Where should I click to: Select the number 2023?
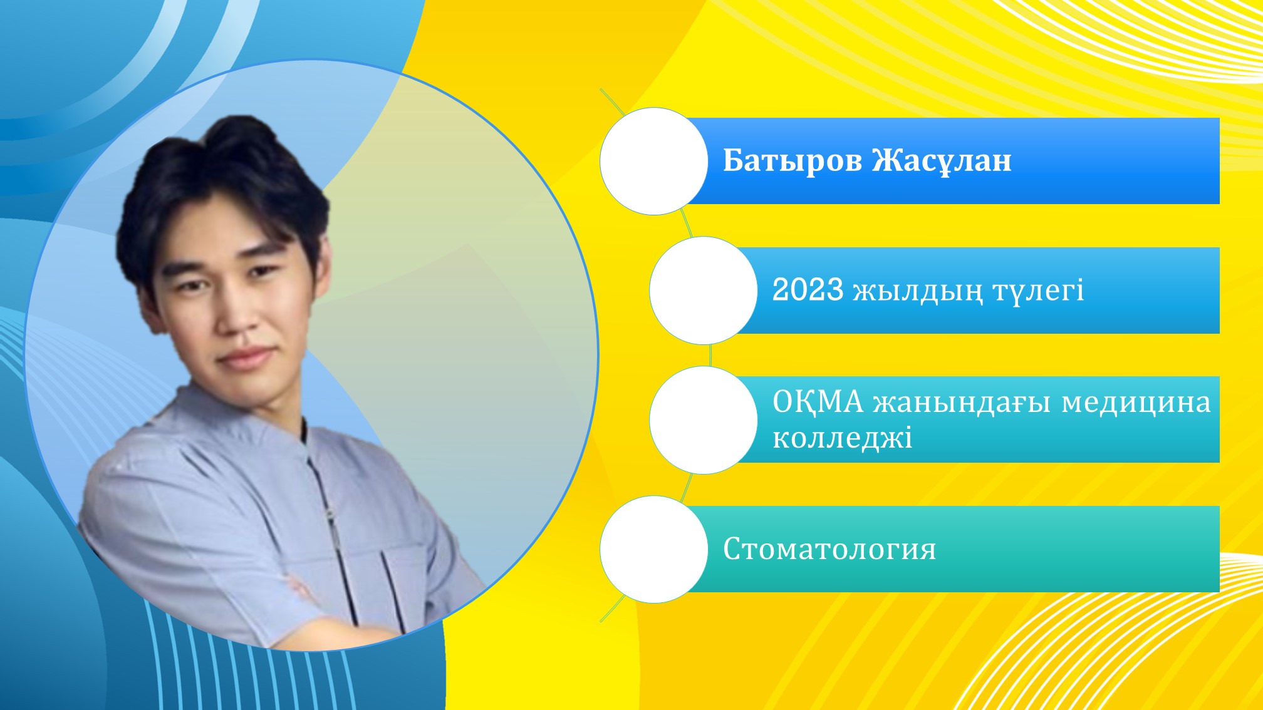[x=808, y=290]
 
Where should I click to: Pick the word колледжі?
[x=842, y=438]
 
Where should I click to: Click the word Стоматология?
[x=829, y=549]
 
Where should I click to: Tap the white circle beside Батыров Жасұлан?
[x=653, y=161]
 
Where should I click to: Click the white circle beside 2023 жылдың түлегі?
[x=703, y=291]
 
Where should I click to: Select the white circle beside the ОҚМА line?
[x=703, y=420]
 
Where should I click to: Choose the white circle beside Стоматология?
[x=653, y=549]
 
